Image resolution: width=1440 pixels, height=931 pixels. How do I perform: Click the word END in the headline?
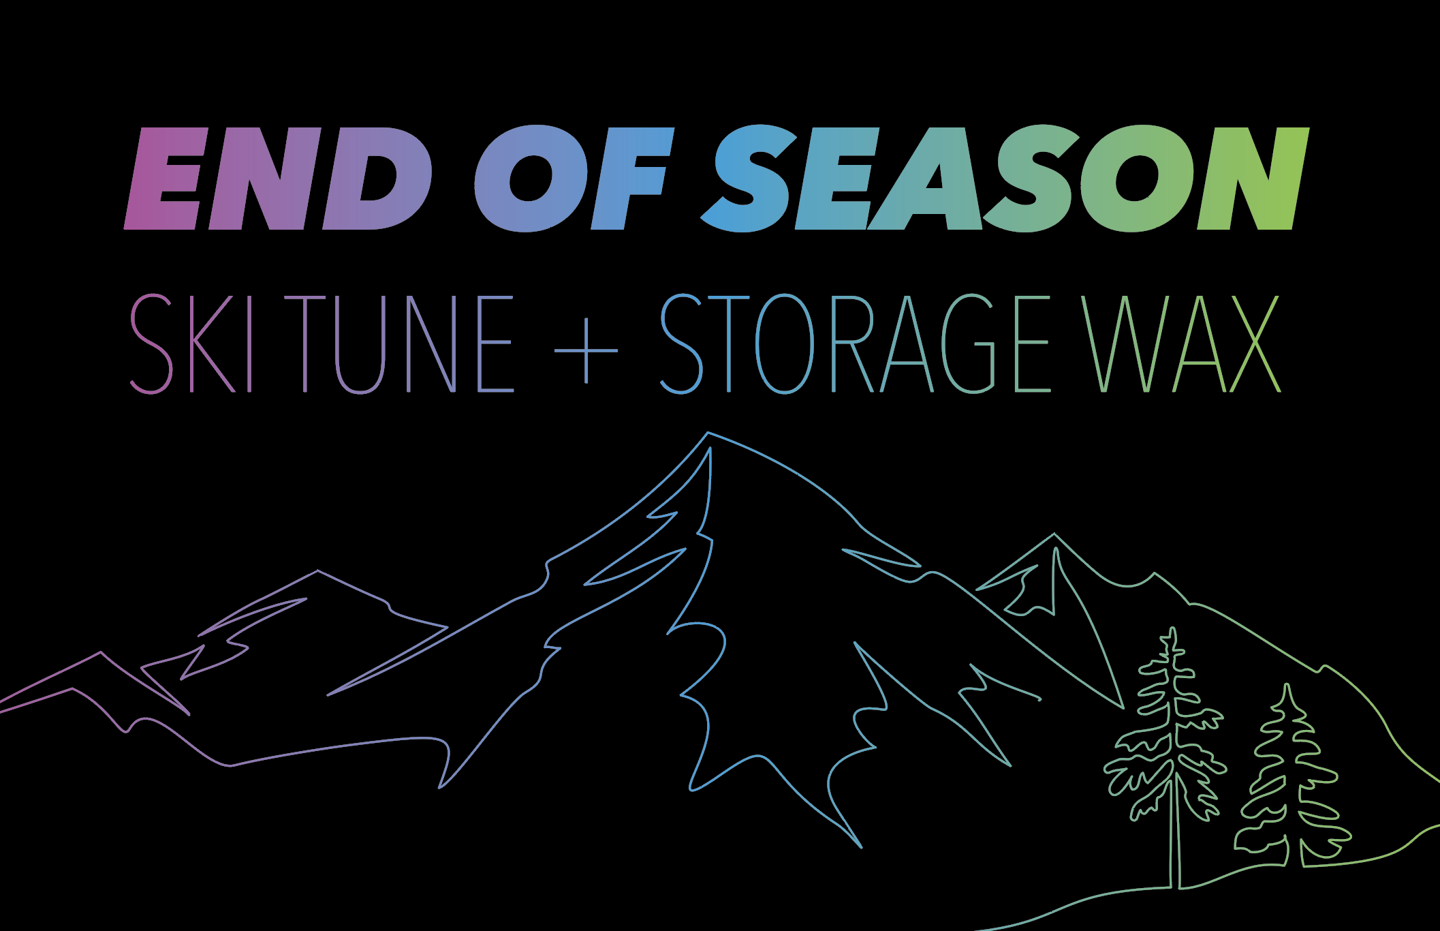(278, 179)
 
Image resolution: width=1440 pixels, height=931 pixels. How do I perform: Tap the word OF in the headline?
(574, 179)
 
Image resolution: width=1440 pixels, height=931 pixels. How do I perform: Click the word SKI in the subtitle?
(191, 344)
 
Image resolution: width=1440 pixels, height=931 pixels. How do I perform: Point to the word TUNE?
(398, 344)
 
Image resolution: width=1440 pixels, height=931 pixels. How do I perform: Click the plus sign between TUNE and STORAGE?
(586, 351)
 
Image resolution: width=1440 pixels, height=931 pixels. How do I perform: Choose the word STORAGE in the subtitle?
(856, 344)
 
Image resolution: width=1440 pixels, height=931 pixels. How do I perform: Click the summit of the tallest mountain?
(708, 433)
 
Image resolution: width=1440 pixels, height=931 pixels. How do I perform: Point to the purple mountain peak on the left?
(317, 571)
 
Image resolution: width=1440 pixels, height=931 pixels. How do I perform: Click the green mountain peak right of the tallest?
(1054, 534)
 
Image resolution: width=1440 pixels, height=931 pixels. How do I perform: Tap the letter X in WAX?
(1255, 344)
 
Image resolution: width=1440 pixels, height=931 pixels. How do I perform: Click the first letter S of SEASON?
(749, 179)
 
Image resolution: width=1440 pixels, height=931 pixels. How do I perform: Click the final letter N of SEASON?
(1253, 179)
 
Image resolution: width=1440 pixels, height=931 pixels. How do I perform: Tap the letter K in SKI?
(213, 344)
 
